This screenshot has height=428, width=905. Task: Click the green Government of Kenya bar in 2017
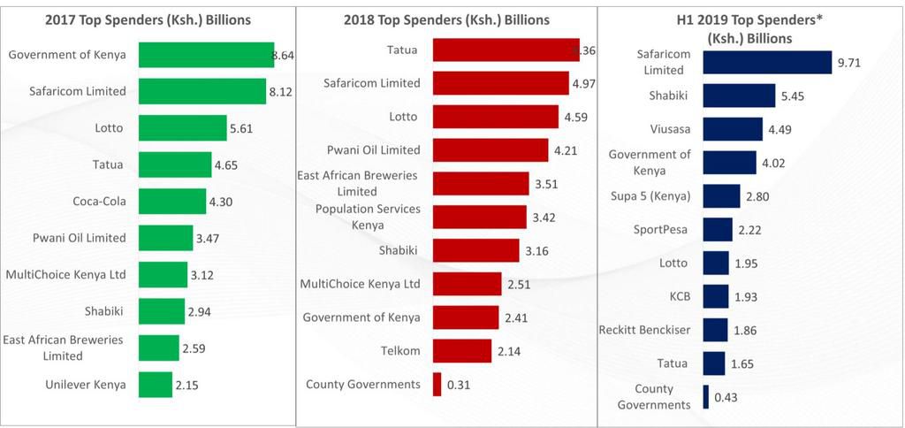click(206, 55)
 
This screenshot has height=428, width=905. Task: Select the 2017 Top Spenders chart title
click(148, 19)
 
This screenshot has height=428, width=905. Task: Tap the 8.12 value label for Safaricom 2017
click(282, 91)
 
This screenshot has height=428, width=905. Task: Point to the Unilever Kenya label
click(86, 385)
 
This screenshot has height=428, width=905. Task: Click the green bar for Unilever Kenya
click(156, 385)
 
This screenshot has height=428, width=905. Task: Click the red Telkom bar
click(462, 351)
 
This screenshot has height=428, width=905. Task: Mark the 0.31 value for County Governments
click(460, 385)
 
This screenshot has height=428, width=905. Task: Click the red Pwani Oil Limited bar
click(491, 150)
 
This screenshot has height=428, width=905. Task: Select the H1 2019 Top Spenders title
click(749, 29)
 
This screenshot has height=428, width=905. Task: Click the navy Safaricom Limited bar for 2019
click(767, 62)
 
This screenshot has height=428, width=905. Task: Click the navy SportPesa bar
click(718, 230)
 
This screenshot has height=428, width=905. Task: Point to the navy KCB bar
click(716, 296)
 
